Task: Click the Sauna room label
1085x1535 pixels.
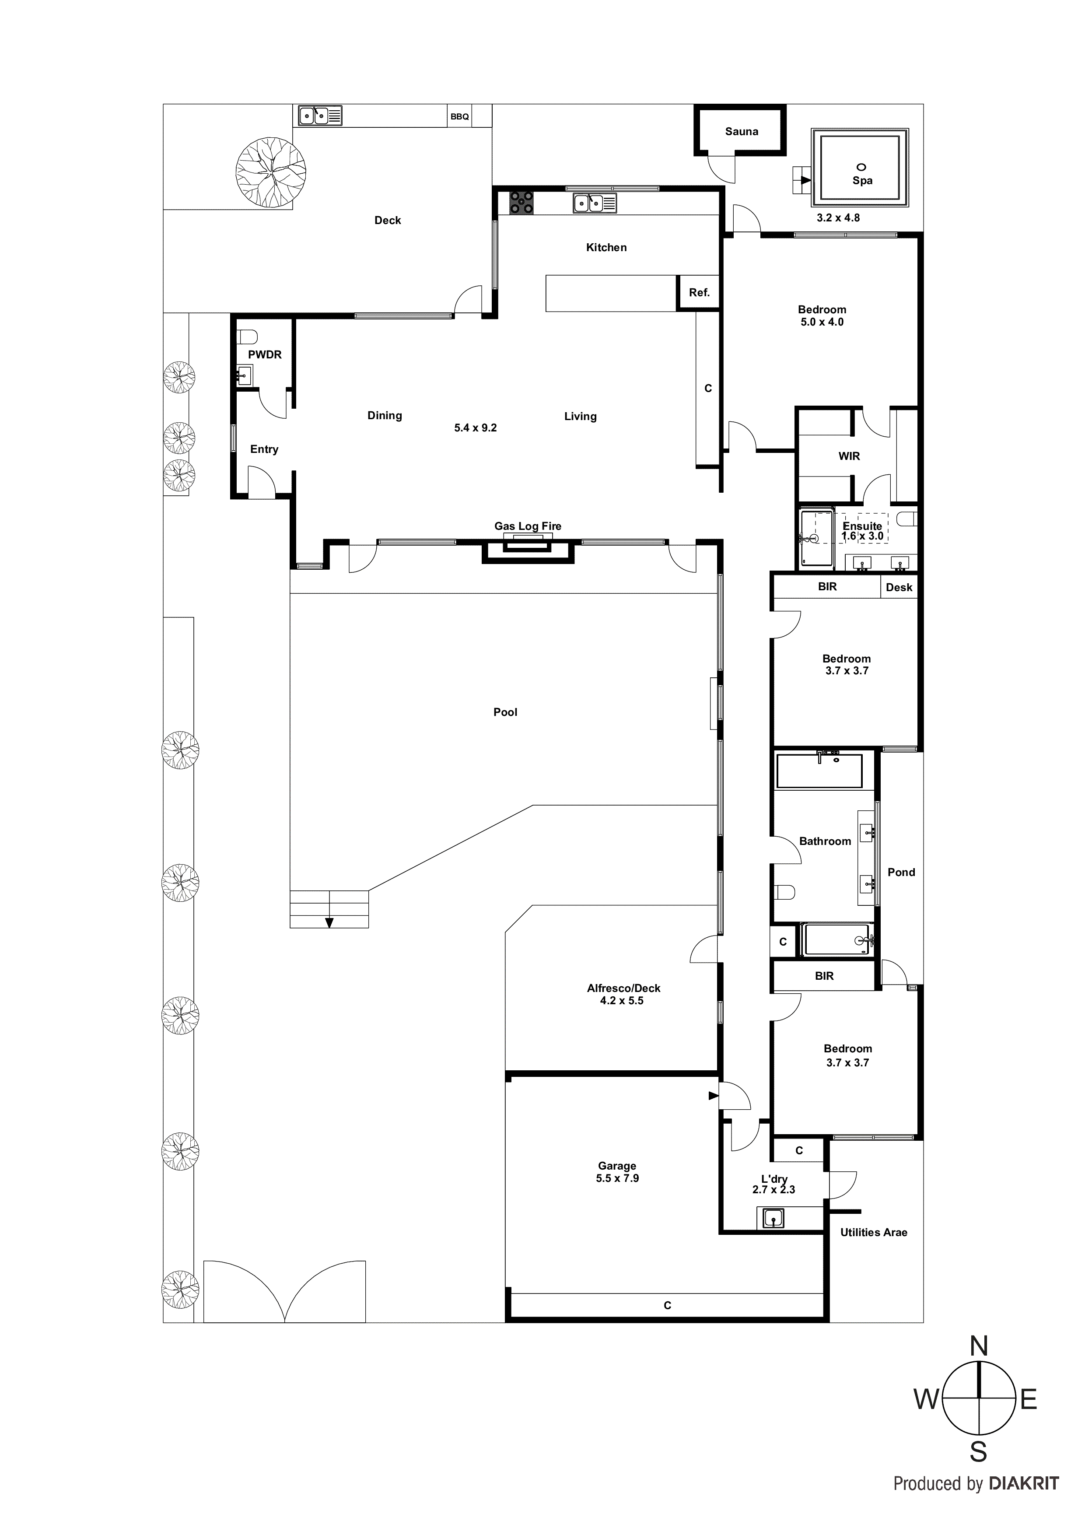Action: (742, 132)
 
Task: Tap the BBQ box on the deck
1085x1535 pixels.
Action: (459, 116)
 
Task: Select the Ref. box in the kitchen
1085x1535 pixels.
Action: (699, 293)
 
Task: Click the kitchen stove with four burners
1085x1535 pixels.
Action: (521, 203)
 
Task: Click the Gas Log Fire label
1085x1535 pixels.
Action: (528, 526)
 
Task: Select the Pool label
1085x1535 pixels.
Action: (505, 712)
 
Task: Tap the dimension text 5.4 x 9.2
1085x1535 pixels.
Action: (475, 428)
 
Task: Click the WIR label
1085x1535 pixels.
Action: (849, 456)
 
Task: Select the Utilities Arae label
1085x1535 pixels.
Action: (873, 1232)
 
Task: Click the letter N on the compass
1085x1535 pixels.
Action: (979, 1346)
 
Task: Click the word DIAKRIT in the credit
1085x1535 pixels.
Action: (1023, 1483)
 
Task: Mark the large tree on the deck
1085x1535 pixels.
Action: (271, 172)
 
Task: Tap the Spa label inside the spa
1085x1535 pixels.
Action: (862, 181)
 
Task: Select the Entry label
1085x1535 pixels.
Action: (264, 449)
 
